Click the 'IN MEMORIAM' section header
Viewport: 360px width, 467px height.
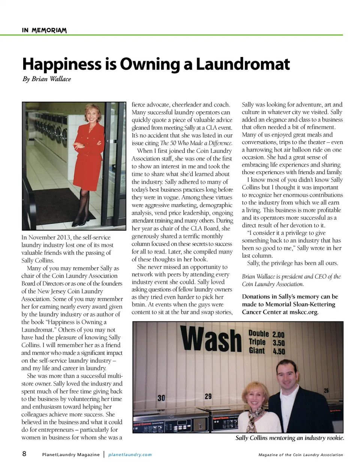[44, 30]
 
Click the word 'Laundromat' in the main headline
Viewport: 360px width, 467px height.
[243, 64]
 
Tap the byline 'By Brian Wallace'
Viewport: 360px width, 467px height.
[46, 79]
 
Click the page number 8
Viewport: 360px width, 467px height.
[24, 454]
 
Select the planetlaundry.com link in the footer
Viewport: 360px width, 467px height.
[130, 455]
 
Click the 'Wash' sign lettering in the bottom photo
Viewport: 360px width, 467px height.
[211, 339]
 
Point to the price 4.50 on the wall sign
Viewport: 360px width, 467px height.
[279, 351]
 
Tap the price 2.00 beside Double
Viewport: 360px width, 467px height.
[278, 334]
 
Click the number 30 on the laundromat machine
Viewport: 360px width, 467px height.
[161, 398]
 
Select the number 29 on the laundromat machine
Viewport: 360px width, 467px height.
[208, 396]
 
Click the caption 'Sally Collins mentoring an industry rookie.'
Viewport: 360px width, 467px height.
[289, 438]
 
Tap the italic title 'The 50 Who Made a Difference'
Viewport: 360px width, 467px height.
[196, 143]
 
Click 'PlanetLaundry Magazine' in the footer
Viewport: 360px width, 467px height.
[71, 455]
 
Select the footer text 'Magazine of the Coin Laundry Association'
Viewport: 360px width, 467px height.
[300, 455]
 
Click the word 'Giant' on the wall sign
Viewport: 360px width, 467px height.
[257, 350]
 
